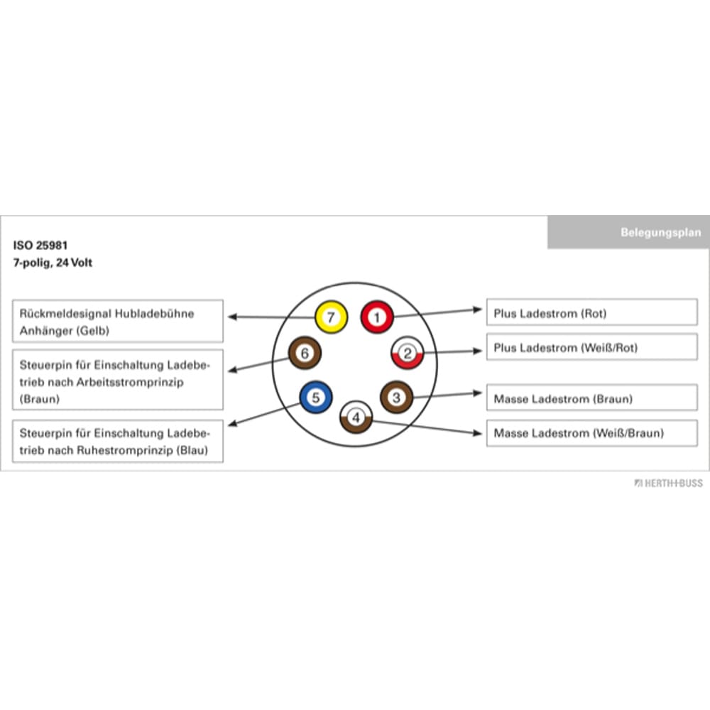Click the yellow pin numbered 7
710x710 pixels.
coord(331,317)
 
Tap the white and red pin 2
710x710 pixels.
coord(407,353)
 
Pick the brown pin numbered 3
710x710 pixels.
coord(396,397)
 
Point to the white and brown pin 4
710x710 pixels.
coord(356,417)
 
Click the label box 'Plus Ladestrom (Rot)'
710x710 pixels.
coord(591,312)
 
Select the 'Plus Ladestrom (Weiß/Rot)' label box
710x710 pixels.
coord(591,347)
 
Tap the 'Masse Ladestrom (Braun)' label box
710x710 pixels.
coord(591,398)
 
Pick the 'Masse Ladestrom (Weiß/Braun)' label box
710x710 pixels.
coord(591,433)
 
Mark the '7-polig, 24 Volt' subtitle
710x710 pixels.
coord(53,263)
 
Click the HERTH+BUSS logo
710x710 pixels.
coord(668,483)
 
